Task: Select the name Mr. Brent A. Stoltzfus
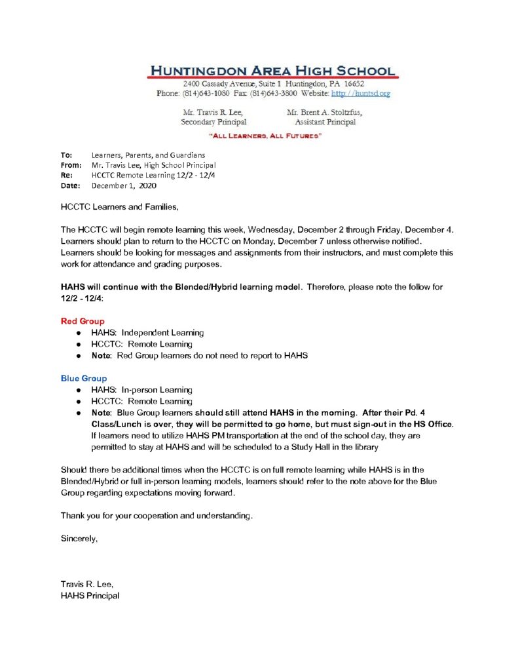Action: point(325,112)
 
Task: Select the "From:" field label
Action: point(71,165)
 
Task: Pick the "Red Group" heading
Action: point(83,322)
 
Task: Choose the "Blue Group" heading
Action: point(84,379)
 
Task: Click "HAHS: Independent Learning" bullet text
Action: point(147,333)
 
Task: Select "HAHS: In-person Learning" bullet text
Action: point(141,390)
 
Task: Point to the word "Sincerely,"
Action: point(79,539)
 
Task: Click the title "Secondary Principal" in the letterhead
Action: point(213,122)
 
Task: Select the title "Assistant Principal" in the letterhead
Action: point(325,122)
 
